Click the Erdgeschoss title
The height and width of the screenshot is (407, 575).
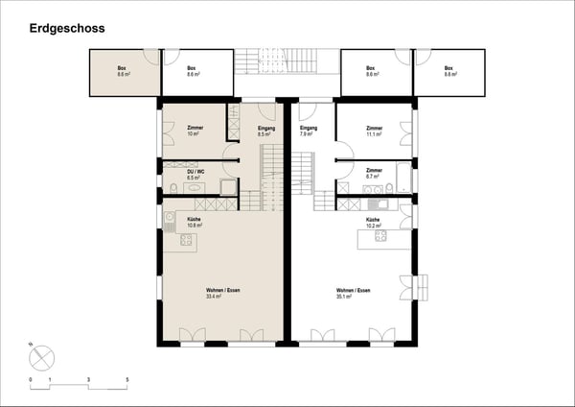(x=66, y=29)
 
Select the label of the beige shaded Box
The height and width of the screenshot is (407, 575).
(x=123, y=70)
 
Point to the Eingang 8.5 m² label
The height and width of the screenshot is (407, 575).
(x=266, y=131)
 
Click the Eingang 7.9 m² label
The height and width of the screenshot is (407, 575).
(x=308, y=131)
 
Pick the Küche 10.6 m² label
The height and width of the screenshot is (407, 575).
(x=195, y=222)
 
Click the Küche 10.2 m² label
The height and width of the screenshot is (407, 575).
(x=374, y=223)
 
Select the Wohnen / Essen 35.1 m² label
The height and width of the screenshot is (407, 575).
(x=353, y=294)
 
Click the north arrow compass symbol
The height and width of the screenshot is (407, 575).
(x=41, y=358)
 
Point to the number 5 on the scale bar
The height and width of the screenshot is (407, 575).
(x=126, y=381)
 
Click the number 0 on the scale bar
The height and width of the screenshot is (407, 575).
(x=31, y=381)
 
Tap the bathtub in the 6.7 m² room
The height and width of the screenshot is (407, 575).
(x=403, y=178)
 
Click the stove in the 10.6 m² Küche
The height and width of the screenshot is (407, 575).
(x=186, y=239)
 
